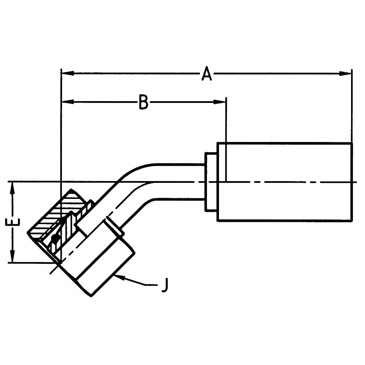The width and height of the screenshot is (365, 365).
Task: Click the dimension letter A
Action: [x=207, y=74]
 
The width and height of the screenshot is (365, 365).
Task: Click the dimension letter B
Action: [x=143, y=102]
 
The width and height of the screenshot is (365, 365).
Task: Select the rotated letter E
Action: [x=12, y=222]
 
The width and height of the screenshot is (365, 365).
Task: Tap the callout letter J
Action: [x=165, y=285]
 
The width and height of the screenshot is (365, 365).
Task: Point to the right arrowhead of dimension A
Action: [x=345, y=74]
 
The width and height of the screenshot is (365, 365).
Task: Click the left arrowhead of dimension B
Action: [x=68, y=102]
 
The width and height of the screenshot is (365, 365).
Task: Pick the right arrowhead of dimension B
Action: [x=220, y=102]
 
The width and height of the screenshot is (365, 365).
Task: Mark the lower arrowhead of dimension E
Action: [x=12, y=256]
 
